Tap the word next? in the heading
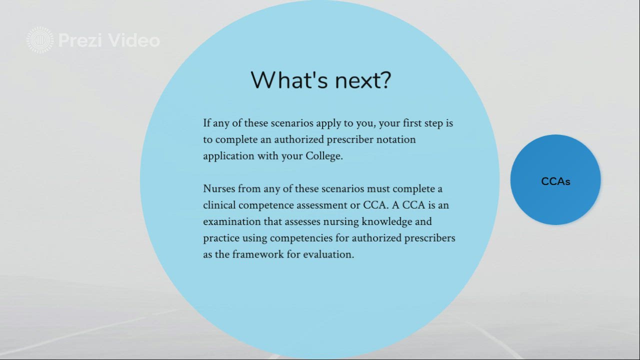pyautogui.click(x=363, y=80)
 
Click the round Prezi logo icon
pyautogui.click(x=40, y=40)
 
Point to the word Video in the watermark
pyautogui.click(x=134, y=40)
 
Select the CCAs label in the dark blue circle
pyautogui.click(x=555, y=181)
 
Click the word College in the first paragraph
pyautogui.click(x=324, y=156)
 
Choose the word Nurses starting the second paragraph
pyautogui.click(x=219, y=188)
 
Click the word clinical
pyautogui.click(x=219, y=205)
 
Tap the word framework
pyautogui.click(x=258, y=254)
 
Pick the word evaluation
pyautogui.click(x=328, y=254)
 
